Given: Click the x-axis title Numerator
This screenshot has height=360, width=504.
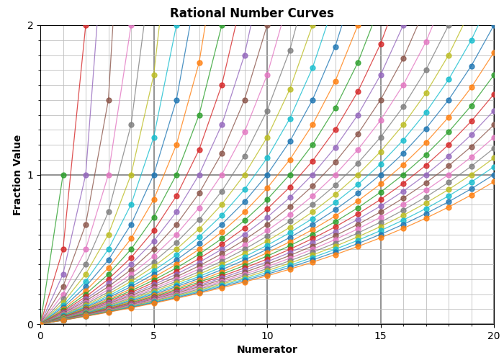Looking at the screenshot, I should [x=267, y=350].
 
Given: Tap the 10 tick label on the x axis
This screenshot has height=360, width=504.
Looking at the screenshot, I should [x=267, y=335].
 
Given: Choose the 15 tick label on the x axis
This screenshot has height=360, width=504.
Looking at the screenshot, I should [x=381, y=335].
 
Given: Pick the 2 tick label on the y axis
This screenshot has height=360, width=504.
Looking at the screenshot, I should [x=30, y=25].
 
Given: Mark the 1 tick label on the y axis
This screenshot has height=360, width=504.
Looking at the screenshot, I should [x=30, y=175].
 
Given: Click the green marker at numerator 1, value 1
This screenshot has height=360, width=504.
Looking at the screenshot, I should [x=63, y=175].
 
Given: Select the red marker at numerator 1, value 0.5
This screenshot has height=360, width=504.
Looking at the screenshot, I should [x=63, y=250].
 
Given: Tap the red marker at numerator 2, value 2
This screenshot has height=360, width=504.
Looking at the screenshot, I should [x=86, y=25].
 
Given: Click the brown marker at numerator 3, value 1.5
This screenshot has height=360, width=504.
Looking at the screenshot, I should [x=109, y=100].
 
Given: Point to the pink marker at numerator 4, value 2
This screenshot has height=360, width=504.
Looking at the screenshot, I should [x=131, y=25].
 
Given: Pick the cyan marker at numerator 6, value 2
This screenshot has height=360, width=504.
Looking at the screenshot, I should [x=176, y=25].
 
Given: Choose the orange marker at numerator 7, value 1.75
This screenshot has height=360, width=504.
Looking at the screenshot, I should [x=199, y=63].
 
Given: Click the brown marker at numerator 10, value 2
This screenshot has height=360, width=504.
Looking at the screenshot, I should [x=267, y=25].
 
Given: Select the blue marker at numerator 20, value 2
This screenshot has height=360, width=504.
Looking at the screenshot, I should [x=494, y=25].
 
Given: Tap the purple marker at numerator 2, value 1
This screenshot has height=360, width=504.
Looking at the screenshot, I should [x=86, y=175].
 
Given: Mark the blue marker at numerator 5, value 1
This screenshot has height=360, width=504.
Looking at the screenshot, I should [x=154, y=175].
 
